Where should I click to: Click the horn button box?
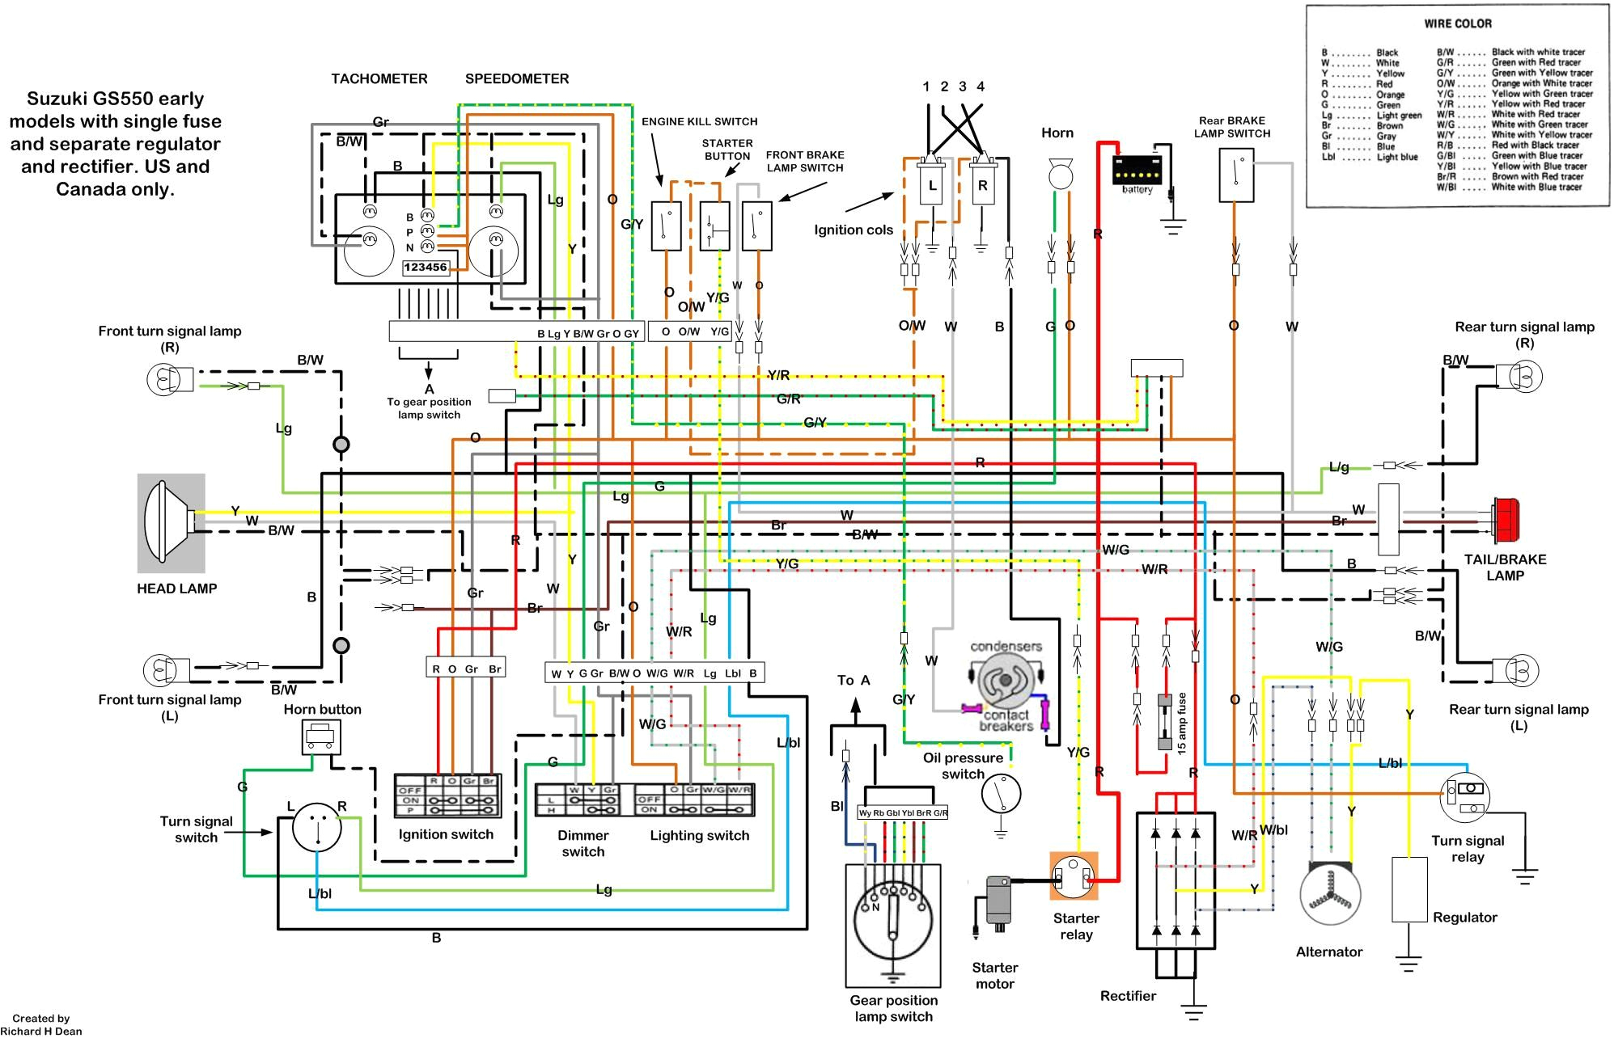click(x=321, y=736)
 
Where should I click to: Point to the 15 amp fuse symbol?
click(x=1166, y=722)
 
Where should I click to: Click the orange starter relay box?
click(x=1074, y=876)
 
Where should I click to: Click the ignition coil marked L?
click(x=932, y=185)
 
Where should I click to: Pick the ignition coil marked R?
click(x=982, y=185)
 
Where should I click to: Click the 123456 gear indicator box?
click(x=426, y=268)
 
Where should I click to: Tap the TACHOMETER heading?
click(x=379, y=78)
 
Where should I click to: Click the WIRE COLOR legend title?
click(x=1458, y=23)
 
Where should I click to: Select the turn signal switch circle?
click(x=316, y=827)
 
